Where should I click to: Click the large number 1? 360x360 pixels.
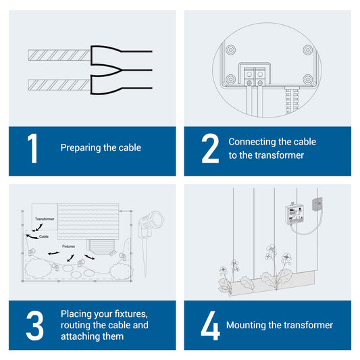33,149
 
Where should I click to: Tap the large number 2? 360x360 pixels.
210,149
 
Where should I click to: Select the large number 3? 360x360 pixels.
34,326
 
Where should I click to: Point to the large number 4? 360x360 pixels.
210,326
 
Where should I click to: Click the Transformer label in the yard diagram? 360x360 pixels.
45,219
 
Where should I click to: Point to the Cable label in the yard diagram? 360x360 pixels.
44,236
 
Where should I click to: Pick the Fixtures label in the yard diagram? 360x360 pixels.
68,247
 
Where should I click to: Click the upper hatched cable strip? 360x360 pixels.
59,55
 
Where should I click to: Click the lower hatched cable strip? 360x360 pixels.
59,85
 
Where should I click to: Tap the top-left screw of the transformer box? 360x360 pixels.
230,50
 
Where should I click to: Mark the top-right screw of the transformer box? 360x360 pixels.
307,50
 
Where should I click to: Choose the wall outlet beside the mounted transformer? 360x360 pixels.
317,204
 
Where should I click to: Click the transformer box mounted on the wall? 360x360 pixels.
294,214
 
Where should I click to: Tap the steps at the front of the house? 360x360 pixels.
101,247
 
